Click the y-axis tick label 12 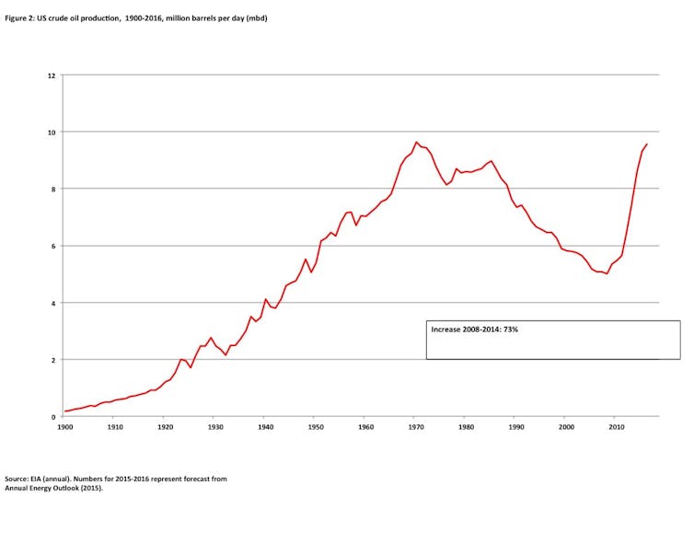(x=52, y=75)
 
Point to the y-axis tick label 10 (x=52, y=133)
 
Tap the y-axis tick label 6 (x=53, y=246)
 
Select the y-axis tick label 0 (x=53, y=417)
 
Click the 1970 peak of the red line (x=416, y=143)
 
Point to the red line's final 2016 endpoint (x=647, y=144)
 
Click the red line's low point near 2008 (x=607, y=273)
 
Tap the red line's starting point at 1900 (x=64, y=411)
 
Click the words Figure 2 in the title (x=20, y=17)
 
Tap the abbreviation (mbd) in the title (x=255, y=17)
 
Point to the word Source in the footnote (x=17, y=479)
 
